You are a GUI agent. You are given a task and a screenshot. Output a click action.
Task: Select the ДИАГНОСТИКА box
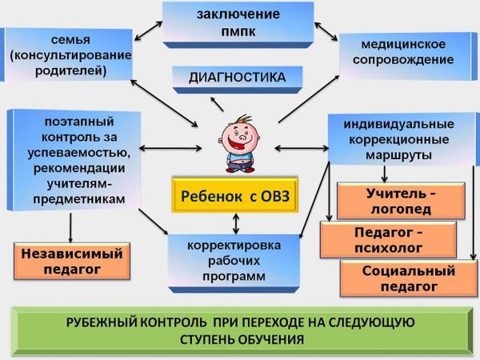(x=237, y=78)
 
